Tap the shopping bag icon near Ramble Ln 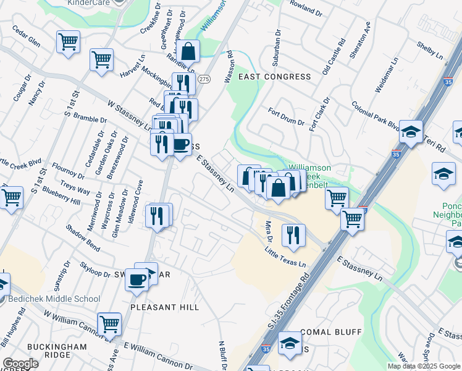189,52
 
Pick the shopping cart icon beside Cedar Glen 68,42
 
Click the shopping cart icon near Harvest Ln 101,60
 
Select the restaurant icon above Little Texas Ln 292,234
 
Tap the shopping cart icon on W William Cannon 109,323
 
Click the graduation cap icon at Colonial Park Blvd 411,131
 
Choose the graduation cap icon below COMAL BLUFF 289,343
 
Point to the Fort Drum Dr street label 286,117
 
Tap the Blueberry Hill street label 58,197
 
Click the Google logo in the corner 20,364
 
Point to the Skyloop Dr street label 94,270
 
